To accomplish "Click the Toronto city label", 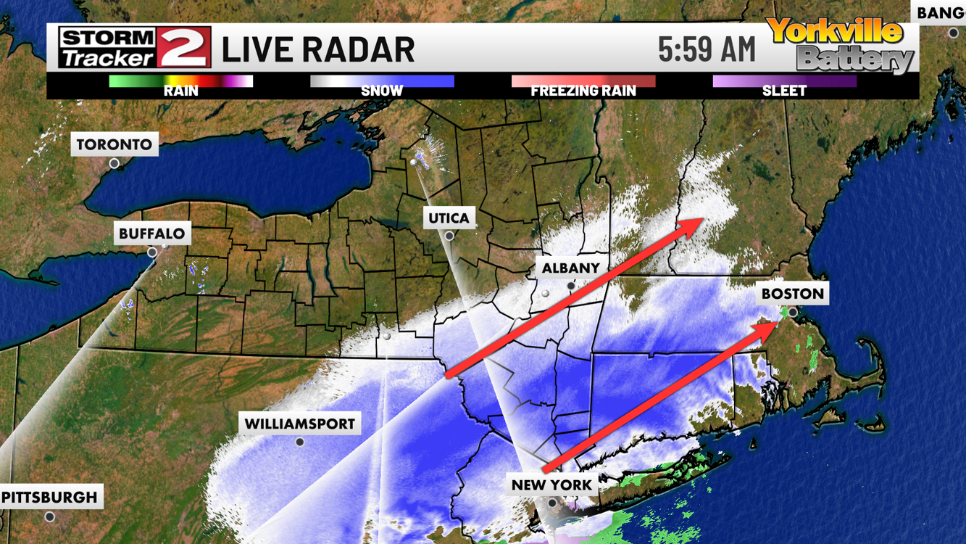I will (114, 144).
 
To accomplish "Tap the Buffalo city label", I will (152, 234).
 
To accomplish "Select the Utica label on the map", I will (449, 218).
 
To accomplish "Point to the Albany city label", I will (570, 268).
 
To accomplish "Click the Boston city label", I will (792, 294).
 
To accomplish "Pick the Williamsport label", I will (299, 424).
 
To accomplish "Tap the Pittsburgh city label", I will (49, 498).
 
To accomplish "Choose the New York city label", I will (551, 485).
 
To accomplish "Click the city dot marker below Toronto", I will (114, 164).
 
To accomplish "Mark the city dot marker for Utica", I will (449, 236).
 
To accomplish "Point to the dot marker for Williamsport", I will (299, 442).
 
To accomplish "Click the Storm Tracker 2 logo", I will (135, 48).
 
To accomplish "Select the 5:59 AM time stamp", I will (707, 49).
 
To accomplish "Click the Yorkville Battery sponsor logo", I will (841, 45).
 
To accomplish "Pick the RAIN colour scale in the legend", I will (181, 81).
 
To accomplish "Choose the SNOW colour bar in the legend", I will (382, 81).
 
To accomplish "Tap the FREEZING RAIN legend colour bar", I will (583, 81).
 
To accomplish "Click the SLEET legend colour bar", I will (784, 81).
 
